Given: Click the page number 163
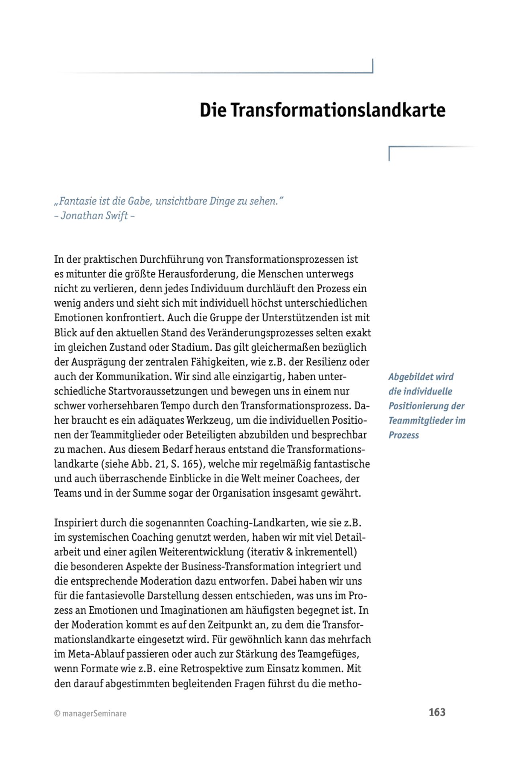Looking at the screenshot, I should tap(437, 712).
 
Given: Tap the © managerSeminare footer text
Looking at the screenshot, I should tap(90, 714).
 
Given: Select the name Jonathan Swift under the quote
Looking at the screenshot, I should tap(94, 216).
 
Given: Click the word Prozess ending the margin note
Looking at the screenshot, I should tap(403, 435).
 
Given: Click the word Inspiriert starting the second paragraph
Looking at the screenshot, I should tap(75, 523).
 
